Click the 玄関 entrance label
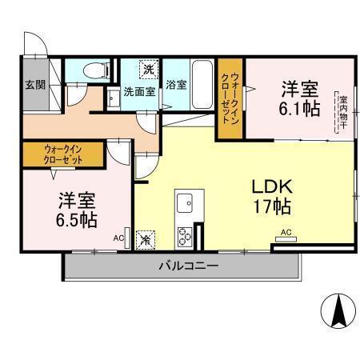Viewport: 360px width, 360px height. click(34, 84)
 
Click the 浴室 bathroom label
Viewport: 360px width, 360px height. click(176, 84)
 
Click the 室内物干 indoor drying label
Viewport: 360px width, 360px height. click(342, 108)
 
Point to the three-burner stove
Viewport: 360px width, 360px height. click(186, 235)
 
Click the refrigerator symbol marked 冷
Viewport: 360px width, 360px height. click(146, 238)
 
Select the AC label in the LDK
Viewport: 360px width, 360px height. click(286, 234)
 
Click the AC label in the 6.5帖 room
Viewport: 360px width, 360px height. click(118, 238)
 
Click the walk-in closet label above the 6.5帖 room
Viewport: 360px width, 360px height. click(62, 153)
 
